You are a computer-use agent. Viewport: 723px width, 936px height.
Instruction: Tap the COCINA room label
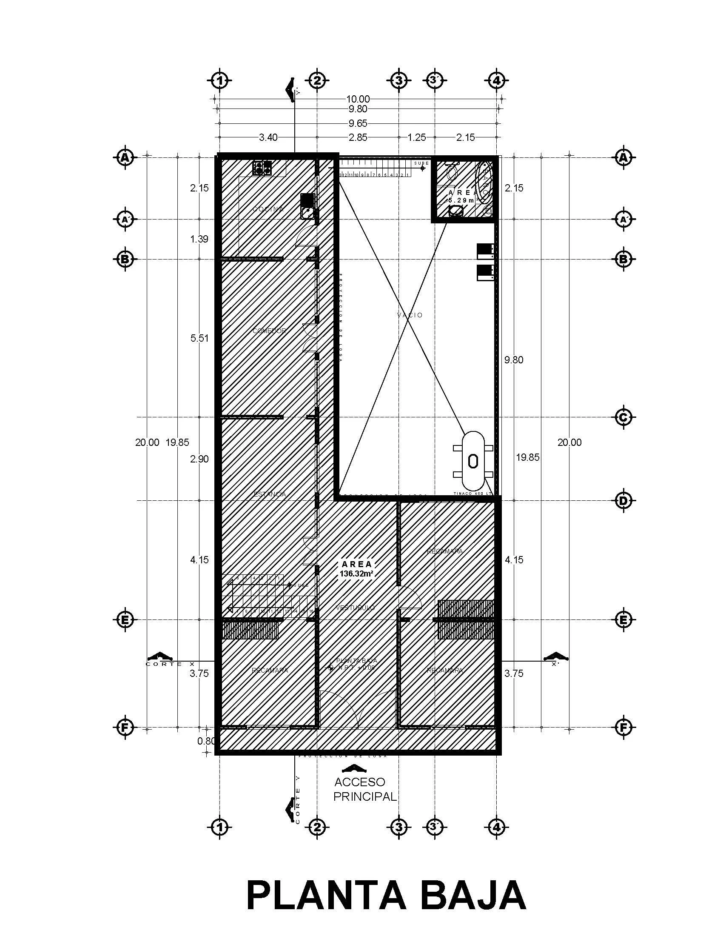268,209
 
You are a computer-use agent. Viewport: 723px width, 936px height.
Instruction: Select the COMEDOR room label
269,331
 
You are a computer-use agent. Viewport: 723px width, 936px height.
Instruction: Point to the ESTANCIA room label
269,494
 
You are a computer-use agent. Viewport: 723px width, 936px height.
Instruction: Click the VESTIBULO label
355,608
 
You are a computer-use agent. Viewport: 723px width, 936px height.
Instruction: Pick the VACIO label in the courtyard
410,315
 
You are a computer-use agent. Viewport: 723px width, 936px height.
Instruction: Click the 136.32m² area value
356,574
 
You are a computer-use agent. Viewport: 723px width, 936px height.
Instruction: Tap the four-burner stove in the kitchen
262,168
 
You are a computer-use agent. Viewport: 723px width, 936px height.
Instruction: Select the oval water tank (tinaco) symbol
473,461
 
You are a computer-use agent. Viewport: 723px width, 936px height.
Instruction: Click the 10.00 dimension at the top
358,100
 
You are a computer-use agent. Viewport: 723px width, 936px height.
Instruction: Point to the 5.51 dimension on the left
199,338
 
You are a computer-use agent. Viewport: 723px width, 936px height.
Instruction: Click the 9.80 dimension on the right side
514,360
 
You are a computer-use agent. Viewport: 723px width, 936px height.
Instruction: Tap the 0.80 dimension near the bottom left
206,741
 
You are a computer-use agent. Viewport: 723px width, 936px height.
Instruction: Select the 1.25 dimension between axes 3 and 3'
417,137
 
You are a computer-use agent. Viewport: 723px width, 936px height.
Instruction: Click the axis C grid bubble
623,417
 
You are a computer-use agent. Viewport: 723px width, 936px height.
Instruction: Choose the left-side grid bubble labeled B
125,259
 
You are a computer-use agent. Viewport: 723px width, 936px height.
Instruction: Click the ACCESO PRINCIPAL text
365,789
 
